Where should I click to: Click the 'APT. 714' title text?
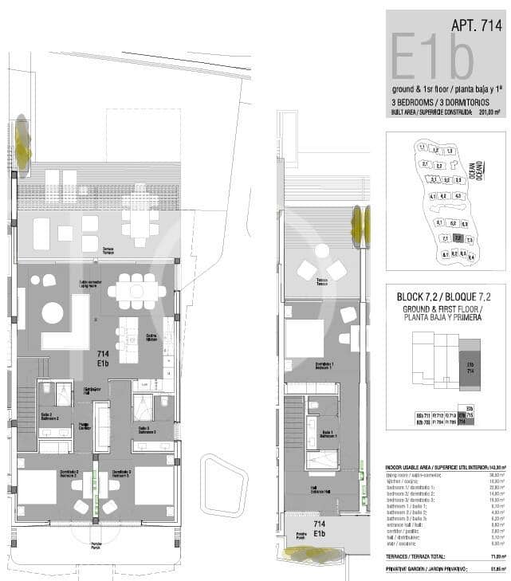475,25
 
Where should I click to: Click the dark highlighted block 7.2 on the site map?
457,238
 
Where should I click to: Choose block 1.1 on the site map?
422,147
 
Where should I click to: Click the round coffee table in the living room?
53,312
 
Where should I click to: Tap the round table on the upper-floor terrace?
322,250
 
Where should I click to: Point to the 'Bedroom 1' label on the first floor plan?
321,367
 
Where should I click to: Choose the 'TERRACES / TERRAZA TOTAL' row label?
416,556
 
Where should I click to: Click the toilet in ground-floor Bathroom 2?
46,388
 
